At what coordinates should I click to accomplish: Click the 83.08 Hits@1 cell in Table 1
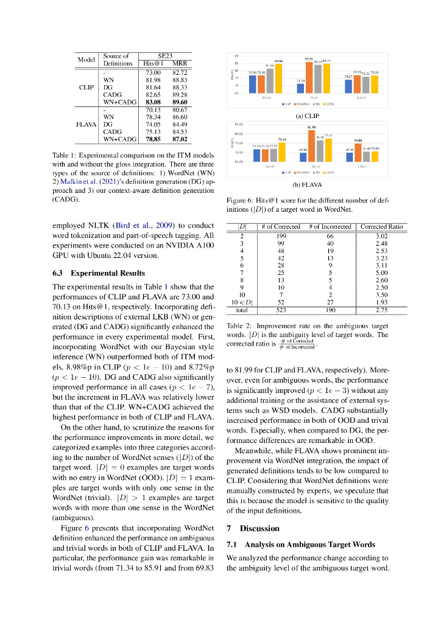pyautogui.click(x=152, y=102)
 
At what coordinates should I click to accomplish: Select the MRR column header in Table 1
pyautogui.click(x=180, y=63)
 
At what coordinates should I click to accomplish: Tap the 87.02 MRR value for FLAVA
pyautogui.click(x=180, y=139)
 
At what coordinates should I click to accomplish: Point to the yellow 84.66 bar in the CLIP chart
pyautogui.click(x=278, y=78)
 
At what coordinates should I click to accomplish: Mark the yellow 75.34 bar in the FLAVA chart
pyautogui.click(x=282, y=151)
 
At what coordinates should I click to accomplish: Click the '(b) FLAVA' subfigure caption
pyautogui.click(x=307, y=184)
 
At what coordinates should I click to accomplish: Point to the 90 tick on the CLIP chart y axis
pyautogui.click(x=236, y=56)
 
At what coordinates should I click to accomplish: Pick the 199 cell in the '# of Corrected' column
pyautogui.click(x=281, y=235)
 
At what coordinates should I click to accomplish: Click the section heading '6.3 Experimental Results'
pyautogui.click(x=99, y=273)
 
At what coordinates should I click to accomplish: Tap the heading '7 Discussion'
pyautogui.click(x=253, y=528)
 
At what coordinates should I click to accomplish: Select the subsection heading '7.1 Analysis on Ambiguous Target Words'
pyautogui.click(x=300, y=544)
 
